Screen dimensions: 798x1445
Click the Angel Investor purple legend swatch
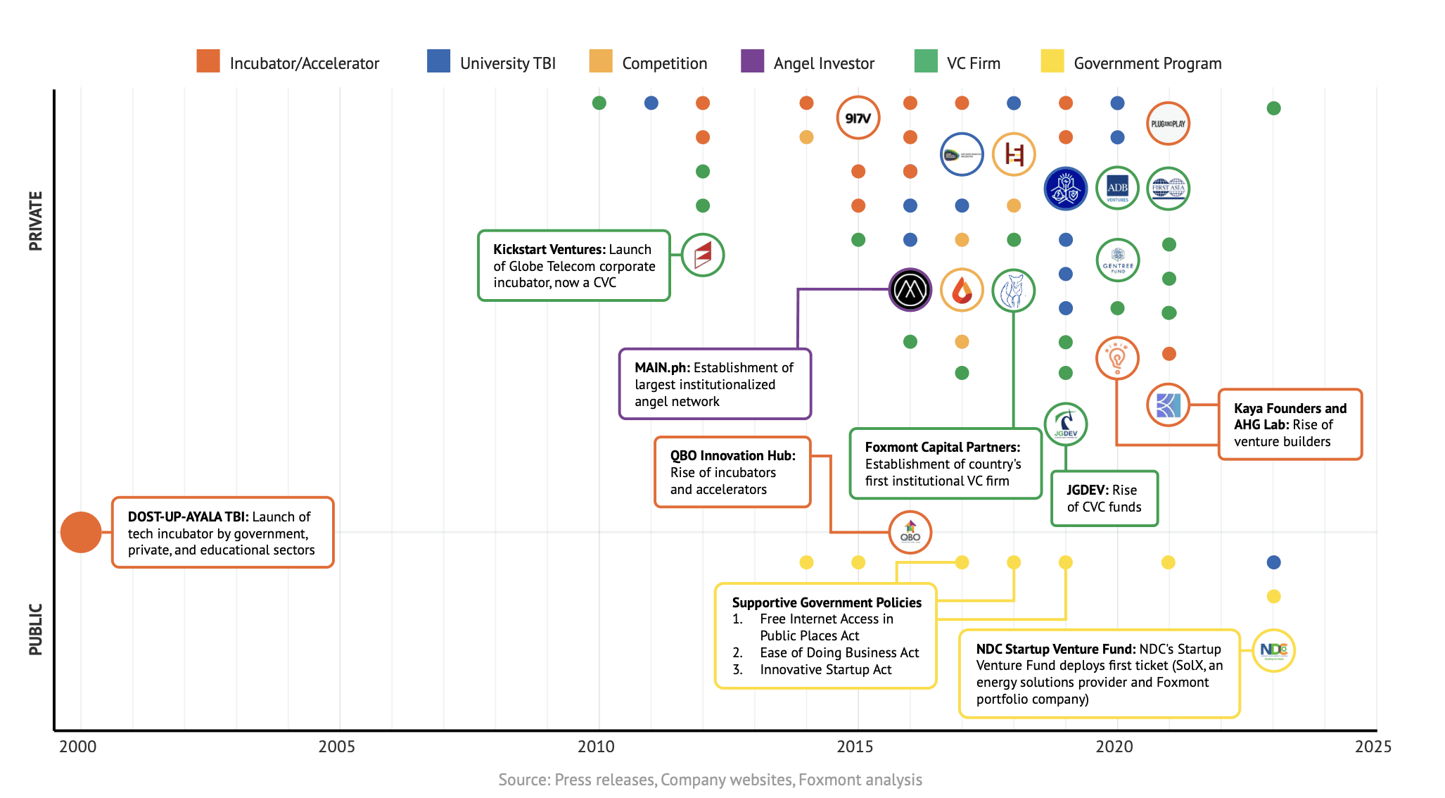coord(752,62)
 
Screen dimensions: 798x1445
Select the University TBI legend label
coord(507,63)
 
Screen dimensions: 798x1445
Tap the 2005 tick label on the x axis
coord(336,747)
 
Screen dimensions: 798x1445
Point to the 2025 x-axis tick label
coord(1373,747)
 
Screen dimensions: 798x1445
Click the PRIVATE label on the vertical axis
coord(35,220)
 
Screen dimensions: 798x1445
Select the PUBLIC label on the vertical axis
coord(35,629)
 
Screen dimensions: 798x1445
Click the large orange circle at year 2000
coord(81,532)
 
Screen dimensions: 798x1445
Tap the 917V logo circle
coord(858,118)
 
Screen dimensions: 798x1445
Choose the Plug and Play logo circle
coord(1168,124)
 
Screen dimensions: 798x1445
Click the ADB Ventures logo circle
coord(1117,189)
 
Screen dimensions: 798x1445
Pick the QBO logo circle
coord(910,533)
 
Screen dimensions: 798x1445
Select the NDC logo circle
coord(1273,650)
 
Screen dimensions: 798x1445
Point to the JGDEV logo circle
coord(1065,424)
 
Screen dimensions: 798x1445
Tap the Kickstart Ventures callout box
coord(573,266)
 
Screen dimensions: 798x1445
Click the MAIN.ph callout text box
coord(715,384)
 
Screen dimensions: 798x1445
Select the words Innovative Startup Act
coord(825,669)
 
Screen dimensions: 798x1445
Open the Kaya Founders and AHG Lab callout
coord(1290,424)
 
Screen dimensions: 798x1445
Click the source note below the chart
coord(710,780)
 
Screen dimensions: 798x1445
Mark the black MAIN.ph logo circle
coord(910,290)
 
